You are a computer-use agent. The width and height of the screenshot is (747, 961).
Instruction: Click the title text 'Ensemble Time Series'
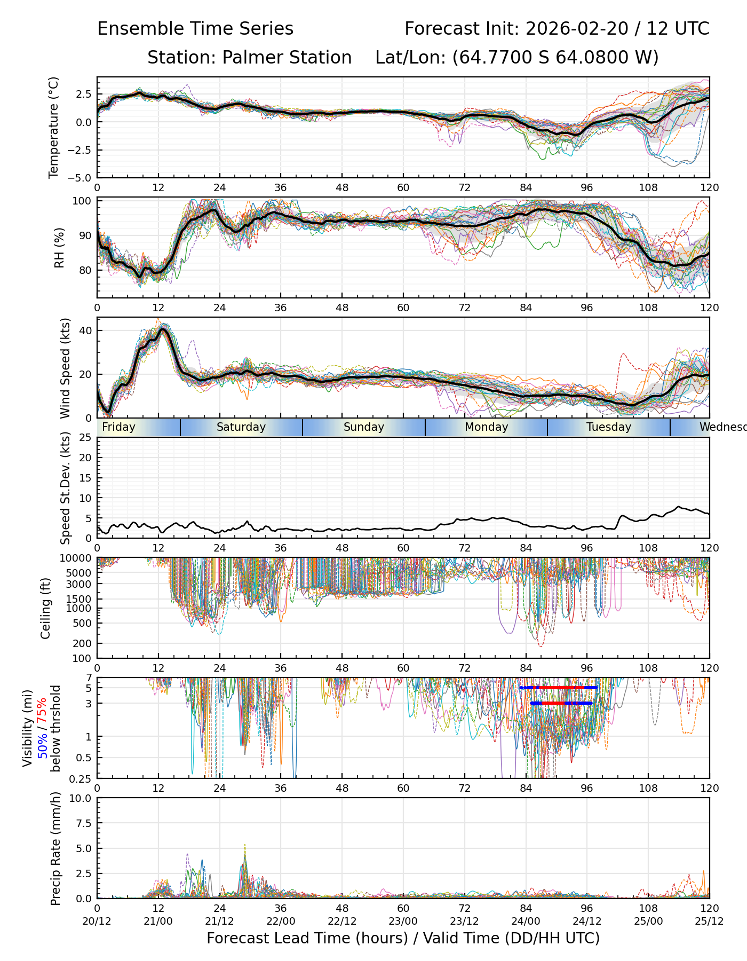(195, 29)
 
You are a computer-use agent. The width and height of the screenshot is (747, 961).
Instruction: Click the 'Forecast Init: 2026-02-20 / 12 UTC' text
(557, 29)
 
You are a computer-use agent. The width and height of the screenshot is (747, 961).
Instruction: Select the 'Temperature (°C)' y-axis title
(53, 127)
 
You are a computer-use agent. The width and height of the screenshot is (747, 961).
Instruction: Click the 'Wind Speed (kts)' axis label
(65, 368)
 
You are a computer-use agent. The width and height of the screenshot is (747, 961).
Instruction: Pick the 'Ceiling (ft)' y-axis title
(46, 608)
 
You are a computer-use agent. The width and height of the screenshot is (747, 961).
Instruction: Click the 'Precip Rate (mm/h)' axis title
(55, 848)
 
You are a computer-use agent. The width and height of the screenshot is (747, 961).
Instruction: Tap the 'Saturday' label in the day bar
(241, 427)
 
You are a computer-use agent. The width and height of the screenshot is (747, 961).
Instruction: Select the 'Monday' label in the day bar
(486, 427)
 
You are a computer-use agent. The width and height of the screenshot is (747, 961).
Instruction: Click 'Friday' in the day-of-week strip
(118, 427)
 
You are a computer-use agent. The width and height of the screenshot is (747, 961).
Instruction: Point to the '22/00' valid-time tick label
(281, 921)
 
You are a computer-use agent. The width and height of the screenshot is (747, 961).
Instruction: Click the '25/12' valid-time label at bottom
(709, 921)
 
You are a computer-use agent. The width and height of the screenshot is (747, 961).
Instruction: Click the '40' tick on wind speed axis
(86, 330)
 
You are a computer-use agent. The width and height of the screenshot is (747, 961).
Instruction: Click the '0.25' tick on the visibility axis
(82, 778)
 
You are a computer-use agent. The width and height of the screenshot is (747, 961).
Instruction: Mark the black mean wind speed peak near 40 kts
(163, 329)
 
